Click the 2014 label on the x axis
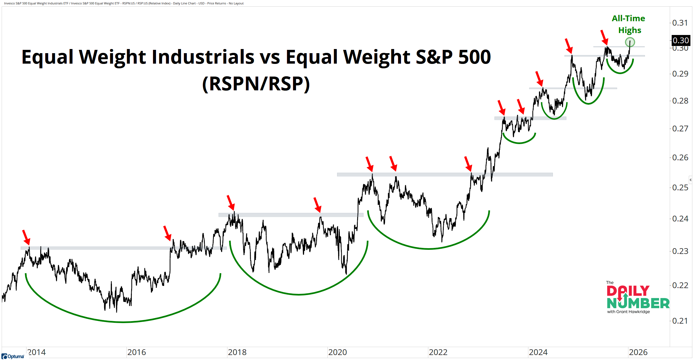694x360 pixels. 37,352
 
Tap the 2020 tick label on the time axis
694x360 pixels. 338,352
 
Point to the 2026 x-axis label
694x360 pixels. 638,352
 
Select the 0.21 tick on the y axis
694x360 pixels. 680,321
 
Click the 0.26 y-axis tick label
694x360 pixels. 680,158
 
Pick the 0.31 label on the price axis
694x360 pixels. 680,23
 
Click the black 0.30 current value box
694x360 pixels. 681,40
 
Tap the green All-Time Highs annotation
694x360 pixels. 629,24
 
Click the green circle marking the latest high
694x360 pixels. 630,42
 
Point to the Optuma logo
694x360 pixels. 13,356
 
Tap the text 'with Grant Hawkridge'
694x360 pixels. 628,312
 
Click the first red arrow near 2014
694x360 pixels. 26,237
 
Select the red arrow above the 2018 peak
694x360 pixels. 231,203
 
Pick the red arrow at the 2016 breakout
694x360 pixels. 167,233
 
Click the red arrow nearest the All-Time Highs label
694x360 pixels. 604,37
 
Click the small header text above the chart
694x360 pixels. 124,3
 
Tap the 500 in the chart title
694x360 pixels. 474,57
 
